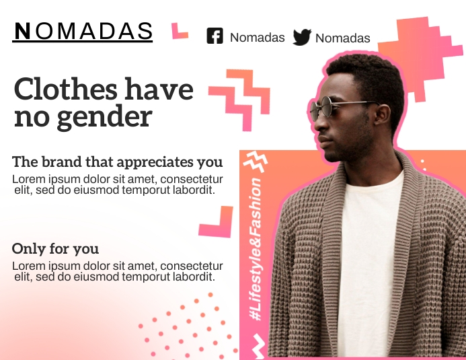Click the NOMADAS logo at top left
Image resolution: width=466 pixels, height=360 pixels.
tap(82, 32)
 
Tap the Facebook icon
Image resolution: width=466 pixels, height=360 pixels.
tap(215, 36)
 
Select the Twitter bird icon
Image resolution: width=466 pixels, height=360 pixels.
tap(302, 37)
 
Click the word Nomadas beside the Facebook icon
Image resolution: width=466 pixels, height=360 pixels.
tap(258, 38)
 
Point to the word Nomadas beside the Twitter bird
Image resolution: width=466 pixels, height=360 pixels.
tap(343, 38)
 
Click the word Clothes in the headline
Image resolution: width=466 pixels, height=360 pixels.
tap(65, 89)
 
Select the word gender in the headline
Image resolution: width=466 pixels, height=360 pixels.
tap(105, 116)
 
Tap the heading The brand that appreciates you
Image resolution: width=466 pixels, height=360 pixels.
tap(118, 162)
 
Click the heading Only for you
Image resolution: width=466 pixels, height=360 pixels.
tap(55, 248)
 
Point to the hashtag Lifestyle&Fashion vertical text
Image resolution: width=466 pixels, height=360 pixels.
tap(256, 249)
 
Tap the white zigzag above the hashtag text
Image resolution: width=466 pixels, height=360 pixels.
tap(256, 161)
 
